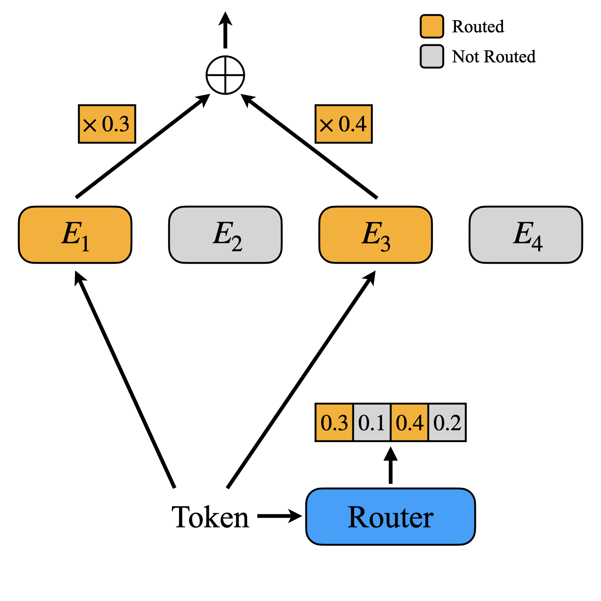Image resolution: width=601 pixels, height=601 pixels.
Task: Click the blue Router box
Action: tap(391, 516)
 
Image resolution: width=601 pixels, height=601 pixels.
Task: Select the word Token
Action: tap(210, 517)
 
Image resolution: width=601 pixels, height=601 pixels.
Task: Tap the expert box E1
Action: tap(75, 235)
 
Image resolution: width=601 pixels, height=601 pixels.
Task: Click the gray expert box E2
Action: tap(225, 235)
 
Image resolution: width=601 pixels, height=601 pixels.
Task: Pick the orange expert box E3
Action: tap(376, 235)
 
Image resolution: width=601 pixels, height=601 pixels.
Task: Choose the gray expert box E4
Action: tap(526, 235)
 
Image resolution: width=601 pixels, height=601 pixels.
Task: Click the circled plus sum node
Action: tap(225, 75)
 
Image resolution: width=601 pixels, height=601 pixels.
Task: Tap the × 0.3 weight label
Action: tap(107, 124)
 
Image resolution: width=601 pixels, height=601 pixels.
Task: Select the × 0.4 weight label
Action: tap(344, 124)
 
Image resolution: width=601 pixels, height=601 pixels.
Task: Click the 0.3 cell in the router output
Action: tap(334, 423)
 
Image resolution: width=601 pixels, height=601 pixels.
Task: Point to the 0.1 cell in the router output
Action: tap(372, 423)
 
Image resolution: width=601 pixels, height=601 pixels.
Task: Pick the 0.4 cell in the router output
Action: tap(409, 423)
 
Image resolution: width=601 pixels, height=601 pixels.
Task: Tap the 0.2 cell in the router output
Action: tap(447, 423)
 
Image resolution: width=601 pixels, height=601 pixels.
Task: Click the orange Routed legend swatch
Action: tap(432, 26)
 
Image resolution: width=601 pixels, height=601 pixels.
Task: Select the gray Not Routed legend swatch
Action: tap(432, 56)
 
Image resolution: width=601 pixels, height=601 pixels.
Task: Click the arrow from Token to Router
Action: tap(280, 516)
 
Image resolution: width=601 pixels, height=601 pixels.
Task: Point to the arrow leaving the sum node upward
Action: tap(225, 30)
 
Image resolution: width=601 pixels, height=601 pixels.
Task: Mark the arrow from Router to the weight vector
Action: tap(391, 465)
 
